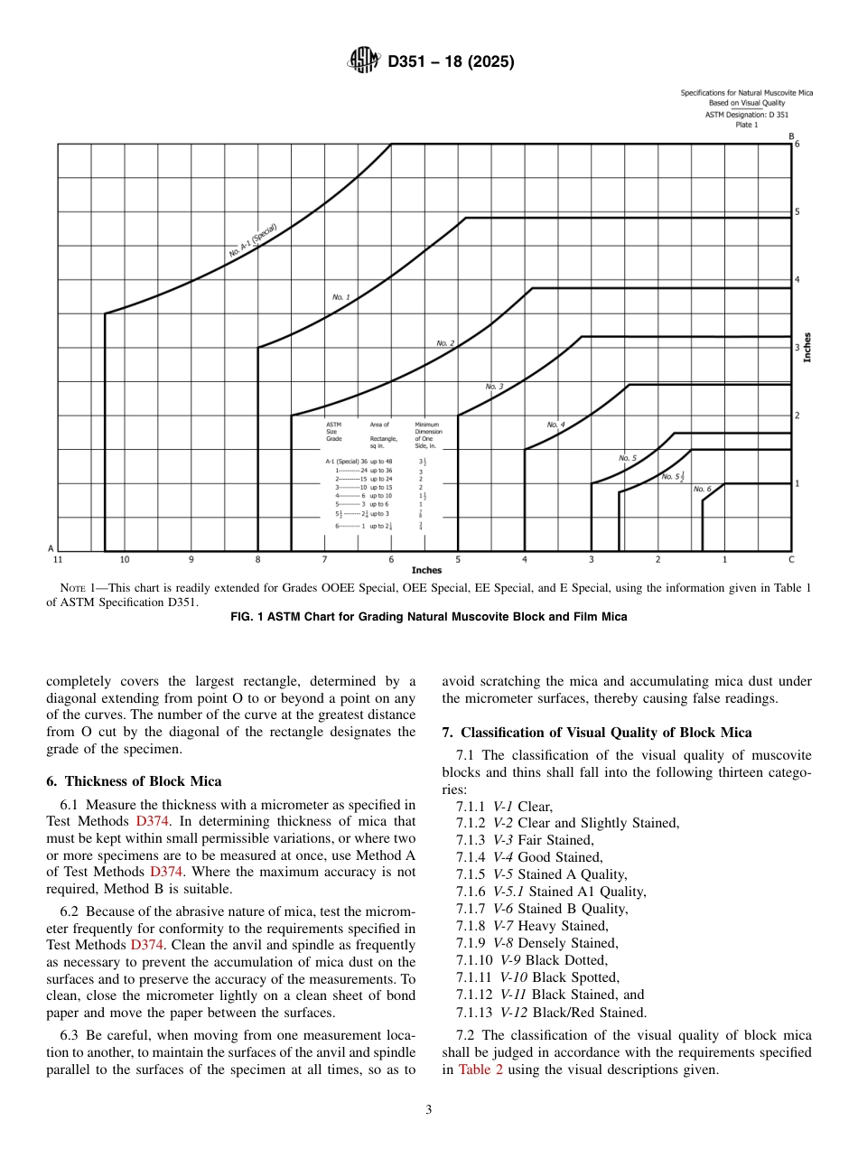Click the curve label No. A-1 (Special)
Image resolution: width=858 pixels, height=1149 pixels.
tap(253, 240)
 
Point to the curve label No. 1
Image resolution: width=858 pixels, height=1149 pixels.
tap(340, 296)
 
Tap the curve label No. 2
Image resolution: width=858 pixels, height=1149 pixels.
tap(445, 343)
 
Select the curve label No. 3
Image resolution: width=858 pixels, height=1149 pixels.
tap(494, 387)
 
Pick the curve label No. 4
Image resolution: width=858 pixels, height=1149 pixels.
tap(555, 425)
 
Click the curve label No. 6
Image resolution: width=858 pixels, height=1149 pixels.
tap(703, 489)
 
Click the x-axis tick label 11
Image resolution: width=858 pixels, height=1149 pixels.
tap(58, 560)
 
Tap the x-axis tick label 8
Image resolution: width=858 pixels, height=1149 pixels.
tap(258, 560)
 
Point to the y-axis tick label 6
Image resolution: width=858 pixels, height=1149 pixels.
tap(797, 145)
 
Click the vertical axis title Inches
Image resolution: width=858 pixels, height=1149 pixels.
tap(807, 348)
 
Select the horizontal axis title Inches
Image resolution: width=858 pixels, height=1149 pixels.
tap(426, 571)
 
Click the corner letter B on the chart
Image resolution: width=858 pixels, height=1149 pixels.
tap(791, 135)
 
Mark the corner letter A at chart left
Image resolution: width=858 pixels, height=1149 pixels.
tap(50, 548)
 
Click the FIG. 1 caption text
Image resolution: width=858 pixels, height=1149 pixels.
tap(429, 617)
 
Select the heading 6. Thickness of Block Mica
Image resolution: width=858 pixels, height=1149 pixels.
tap(134, 781)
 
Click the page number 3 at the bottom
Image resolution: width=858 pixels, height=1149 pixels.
tap(428, 1110)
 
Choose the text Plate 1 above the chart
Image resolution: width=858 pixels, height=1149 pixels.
tap(746, 125)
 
